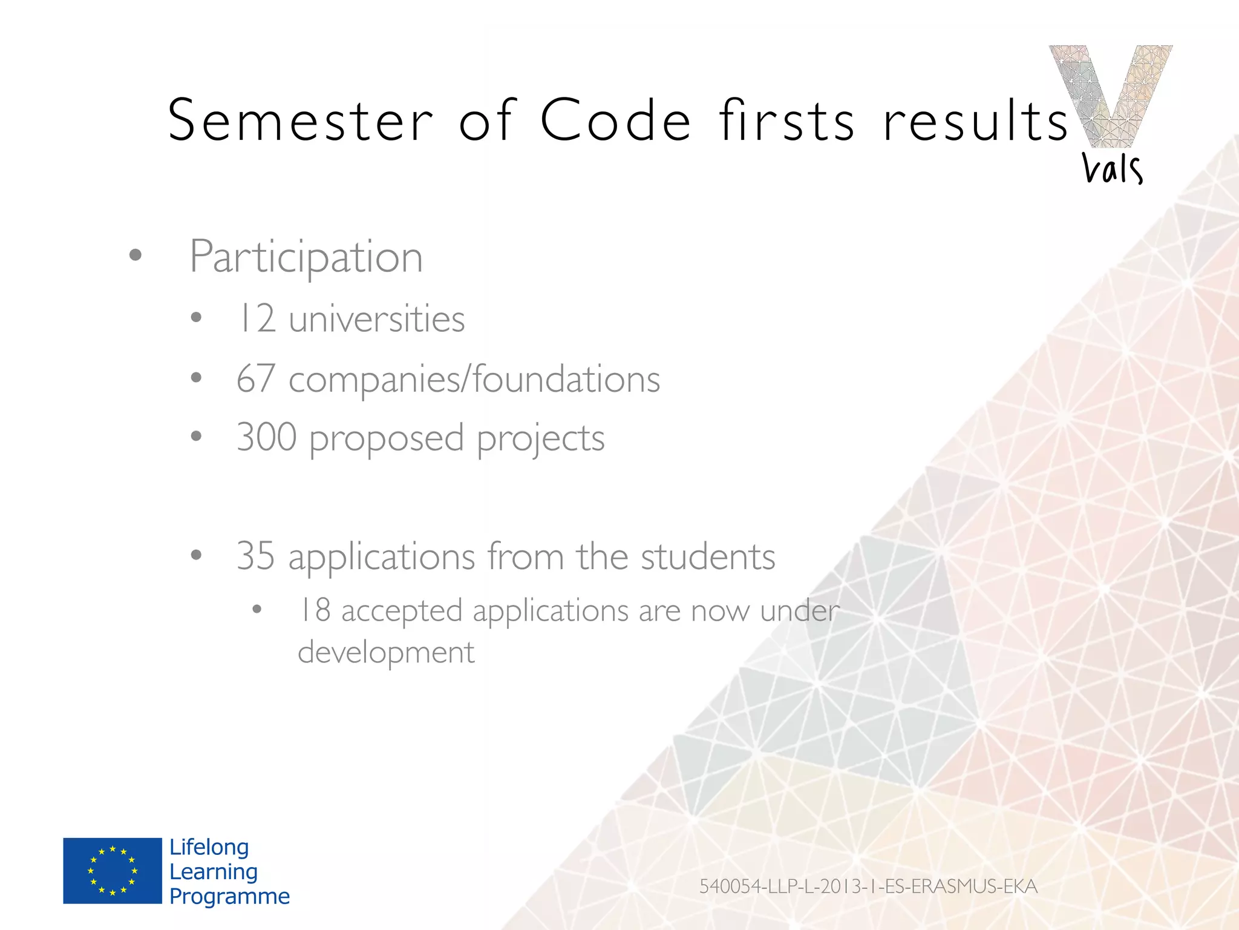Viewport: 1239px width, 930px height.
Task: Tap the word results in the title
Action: (x=975, y=121)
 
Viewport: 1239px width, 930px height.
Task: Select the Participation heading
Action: (x=306, y=257)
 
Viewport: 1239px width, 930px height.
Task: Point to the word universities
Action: (x=377, y=319)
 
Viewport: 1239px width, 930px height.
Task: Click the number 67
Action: (x=256, y=379)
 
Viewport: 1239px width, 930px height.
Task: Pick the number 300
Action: (x=266, y=437)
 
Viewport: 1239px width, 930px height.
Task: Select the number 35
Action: (x=255, y=556)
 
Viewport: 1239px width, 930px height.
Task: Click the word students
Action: (x=707, y=556)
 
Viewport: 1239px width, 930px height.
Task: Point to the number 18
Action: (x=315, y=610)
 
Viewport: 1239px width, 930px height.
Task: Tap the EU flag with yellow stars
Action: (x=113, y=871)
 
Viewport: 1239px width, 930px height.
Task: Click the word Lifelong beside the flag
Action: (x=209, y=847)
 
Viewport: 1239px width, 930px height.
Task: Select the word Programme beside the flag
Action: (x=229, y=896)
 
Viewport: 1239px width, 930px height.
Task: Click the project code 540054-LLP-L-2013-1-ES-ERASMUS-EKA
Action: (x=868, y=886)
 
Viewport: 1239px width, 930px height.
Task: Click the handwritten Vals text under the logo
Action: (x=1112, y=168)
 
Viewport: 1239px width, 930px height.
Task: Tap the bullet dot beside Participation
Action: (x=135, y=256)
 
